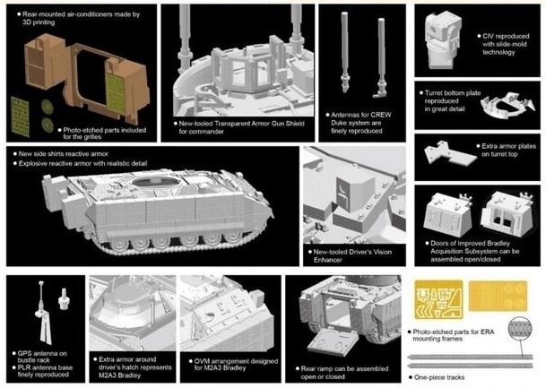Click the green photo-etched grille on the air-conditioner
pyautogui.click(x=116, y=93)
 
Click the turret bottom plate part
pyautogui.click(x=507, y=106)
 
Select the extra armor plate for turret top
pyautogui.click(x=449, y=152)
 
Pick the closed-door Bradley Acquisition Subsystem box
pyautogui.click(x=447, y=215)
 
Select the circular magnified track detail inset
pyautogui.click(x=520, y=328)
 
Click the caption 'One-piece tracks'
pyautogui.click(x=439, y=377)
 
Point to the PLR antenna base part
pyautogui.click(x=64, y=298)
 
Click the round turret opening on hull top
pyautogui.click(x=155, y=182)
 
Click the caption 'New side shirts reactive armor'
pyautogui.click(x=63, y=154)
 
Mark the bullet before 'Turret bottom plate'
pyautogui.click(x=421, y=93)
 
